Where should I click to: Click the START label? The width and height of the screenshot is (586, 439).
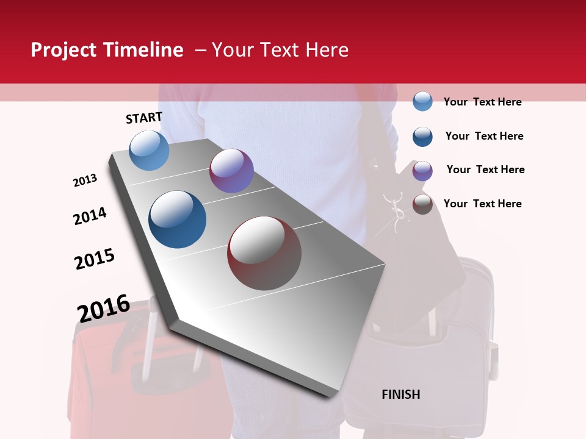[x=144, y=118]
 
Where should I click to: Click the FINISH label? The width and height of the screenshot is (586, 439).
[x=401, y=394]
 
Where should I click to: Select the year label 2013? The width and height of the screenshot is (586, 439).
[x=85, y=180]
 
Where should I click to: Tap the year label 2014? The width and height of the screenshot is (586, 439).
[x=90, y=216]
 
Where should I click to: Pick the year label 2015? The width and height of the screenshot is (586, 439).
[x=95, y=259]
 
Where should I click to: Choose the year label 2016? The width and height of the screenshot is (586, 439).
[x=104, y=308]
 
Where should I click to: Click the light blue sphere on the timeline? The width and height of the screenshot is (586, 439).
[x=149, y=150]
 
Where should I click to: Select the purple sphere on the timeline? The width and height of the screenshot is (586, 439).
[x=231, y=171]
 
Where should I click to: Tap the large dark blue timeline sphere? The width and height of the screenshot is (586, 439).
[x=177, y=220]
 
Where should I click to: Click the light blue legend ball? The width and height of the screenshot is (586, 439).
[x=422, y=102]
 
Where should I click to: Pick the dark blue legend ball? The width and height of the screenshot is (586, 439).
[x=422, y=137]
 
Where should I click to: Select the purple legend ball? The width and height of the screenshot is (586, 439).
[x=422, y=171]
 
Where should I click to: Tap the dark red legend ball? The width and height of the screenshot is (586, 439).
[x=422, y=204]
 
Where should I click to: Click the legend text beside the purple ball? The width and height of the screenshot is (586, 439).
[x=485, y=170]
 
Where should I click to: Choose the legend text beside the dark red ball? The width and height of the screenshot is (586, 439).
[x=482, y=204]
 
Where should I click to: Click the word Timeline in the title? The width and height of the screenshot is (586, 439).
[x=143, y=50]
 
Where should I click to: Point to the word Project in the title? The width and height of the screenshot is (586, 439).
[x=62, y=50]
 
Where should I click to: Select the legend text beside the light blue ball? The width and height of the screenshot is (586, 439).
[x=482, y=102]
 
